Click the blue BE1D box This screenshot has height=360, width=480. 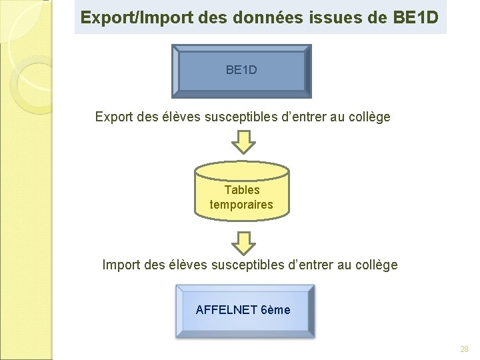[x=241, y=70]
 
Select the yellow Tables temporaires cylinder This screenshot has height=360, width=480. [x=242, y=193]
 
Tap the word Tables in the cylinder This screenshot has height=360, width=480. [x=242, y=190]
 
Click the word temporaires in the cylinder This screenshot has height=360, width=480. [x=241, y=205]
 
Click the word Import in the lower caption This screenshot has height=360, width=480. [x=121, y=265]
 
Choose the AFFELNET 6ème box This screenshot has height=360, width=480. [x=244, y=311]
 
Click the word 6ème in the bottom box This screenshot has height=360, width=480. [x=276, y=310]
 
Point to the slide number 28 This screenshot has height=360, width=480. [x=464, y=349]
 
